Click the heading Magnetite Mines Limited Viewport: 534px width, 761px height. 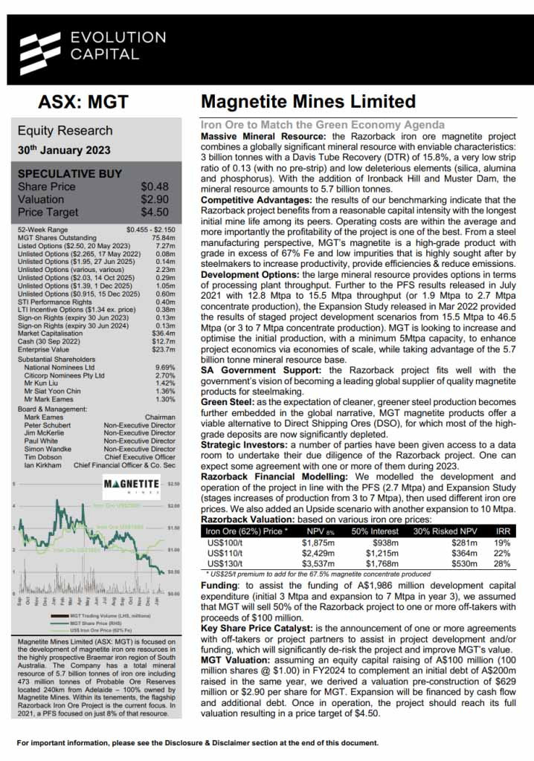pos(309,102)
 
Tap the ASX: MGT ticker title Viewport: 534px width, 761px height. pos(83,102)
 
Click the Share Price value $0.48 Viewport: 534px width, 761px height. pos(155,187)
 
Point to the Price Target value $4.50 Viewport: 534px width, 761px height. pos(155,212)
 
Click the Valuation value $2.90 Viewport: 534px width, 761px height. pos(155,200)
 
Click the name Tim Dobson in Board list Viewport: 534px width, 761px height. pos(45,458)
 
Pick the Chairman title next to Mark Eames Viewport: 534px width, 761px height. pos(160,418)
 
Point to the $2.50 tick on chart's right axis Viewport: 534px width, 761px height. pos(173,484)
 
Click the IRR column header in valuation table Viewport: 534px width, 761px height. pos(504,531)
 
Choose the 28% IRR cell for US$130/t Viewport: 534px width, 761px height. pos(503,563)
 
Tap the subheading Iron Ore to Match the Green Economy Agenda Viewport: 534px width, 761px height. pos(323,125)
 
